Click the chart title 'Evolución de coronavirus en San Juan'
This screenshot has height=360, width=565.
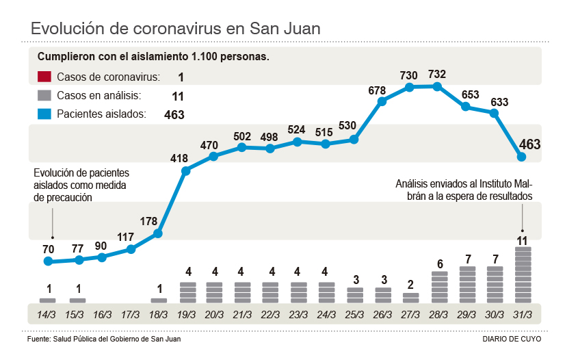[176, 29]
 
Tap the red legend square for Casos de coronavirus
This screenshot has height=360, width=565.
[45, 77]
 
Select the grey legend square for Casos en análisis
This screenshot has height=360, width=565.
[45, 96]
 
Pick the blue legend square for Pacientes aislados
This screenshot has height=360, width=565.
[45, 114]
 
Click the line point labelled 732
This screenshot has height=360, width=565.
[437, 86]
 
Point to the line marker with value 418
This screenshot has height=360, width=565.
[185, 170]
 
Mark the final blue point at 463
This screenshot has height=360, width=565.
[521, 157]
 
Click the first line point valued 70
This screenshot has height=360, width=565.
[48, 261]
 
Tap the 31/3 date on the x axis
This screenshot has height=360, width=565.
[523, 316]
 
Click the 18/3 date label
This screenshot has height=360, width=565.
[158, 316]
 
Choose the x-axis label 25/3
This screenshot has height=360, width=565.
[354, 316]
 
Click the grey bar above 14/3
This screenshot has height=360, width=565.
[48, 300]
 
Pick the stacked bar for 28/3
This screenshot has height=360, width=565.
[440, 287]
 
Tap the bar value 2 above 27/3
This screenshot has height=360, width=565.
[410, 285]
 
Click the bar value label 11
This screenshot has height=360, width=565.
[523, 240]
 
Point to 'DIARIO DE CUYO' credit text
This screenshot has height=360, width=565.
[511, 339]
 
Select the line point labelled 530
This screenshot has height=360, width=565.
[354, 139]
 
